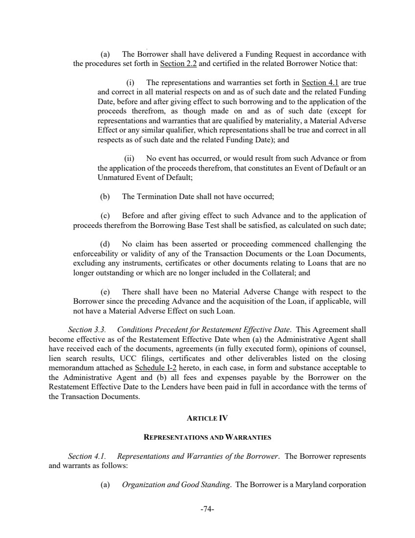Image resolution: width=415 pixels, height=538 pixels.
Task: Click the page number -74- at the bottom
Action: (207, 509)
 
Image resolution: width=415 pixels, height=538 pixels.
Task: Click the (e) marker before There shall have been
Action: (104, 291)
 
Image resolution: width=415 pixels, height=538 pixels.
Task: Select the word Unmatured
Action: (115, 178)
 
